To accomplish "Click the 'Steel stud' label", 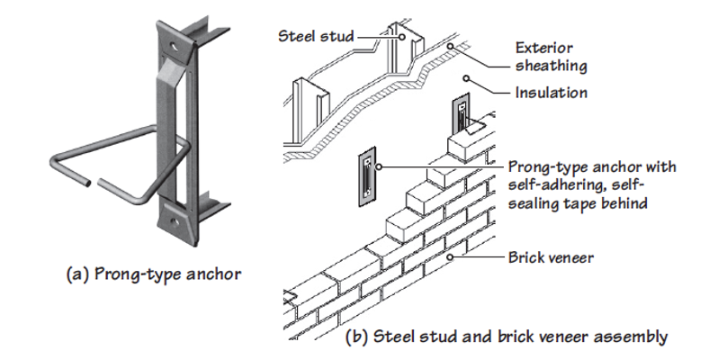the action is [315, 36].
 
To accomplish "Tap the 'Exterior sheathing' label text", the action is [551, 57].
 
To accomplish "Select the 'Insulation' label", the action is [552, 93].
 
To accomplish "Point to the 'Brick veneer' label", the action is [551, 257].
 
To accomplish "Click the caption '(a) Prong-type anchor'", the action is [154, 274].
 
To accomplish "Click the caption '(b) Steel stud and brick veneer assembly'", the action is [507, 337].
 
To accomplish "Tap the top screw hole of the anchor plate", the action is [175, 46].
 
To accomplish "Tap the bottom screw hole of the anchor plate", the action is [175, 221].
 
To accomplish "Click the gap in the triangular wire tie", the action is [94, 183].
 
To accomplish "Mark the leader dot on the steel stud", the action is [400, 36].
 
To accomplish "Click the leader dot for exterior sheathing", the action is [450, 46].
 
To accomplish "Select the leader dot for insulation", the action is [467, 79].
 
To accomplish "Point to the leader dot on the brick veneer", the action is [450, 257].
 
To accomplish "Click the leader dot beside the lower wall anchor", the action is [379, 166].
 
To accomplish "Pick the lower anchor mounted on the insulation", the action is [367, 176].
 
